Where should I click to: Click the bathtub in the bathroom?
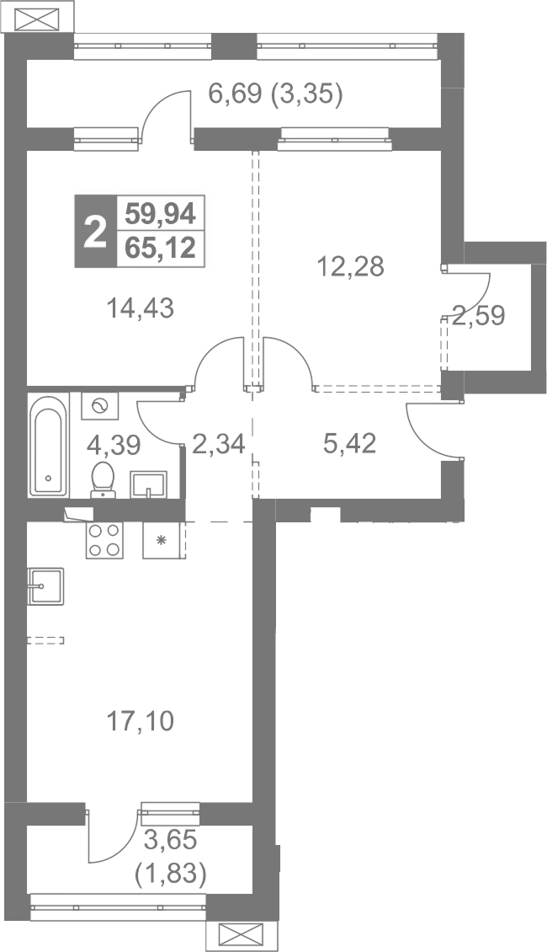(x=49, y=445)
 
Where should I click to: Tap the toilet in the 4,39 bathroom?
(x=104, y=480)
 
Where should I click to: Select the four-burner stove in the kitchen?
(x=104, y=540)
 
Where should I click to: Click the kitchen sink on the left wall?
(x=45, y=586)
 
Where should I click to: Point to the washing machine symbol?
(x=100, y=405)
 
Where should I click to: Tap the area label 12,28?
(x=351, y=266)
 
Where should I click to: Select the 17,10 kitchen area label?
(x=140, y=721)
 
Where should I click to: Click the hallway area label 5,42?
(x=350, y=444)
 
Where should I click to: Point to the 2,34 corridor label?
(x=218, y=445)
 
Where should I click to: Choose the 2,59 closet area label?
(x=479, y=316)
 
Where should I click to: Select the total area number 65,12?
(x=160, y=249)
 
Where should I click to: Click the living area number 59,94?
(x=160, y=213)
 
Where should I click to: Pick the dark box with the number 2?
(x=95, y=232)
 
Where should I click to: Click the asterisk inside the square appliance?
(x=161, y=539)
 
